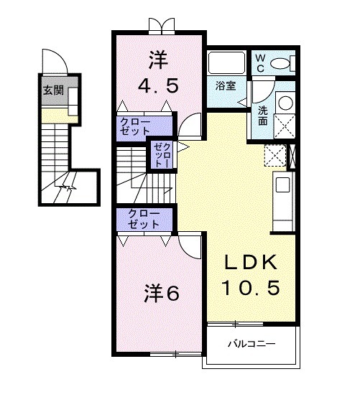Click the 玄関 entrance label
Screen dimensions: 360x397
pos(53,90)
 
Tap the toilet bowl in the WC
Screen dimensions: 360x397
pos(280,63)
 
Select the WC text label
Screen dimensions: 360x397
pos(260,63)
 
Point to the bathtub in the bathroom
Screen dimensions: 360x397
pos(226,62)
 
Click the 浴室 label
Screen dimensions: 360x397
pos(226,86)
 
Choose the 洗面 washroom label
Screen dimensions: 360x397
pos(263,116)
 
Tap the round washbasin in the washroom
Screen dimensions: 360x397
pos(285,103)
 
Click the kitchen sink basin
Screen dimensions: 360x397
pos(282,185)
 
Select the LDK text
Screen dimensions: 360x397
pos(250,263)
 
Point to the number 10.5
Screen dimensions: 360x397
pos(251,288)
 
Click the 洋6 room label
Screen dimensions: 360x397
pos(162,294)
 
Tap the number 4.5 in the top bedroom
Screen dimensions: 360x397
pos(158,85)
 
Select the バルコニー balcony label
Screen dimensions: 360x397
pos(251,344)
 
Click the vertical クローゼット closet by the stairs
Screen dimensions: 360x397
pos(162,154)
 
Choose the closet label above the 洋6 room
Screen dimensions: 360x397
pos(144,219)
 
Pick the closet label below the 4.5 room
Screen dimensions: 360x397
pos(135,126)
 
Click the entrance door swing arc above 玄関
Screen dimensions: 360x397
pos(61,56)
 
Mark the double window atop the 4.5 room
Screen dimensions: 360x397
pos(162,26)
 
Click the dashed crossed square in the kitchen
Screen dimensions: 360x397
pos(275,155)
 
